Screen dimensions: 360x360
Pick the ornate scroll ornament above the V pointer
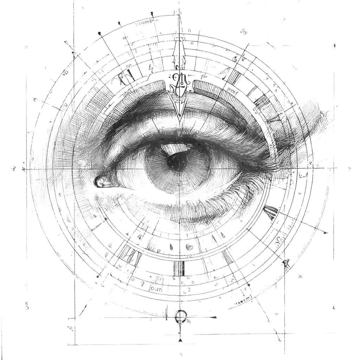180,82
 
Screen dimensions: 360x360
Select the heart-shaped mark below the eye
189,247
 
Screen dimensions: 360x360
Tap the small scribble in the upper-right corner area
244,32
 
